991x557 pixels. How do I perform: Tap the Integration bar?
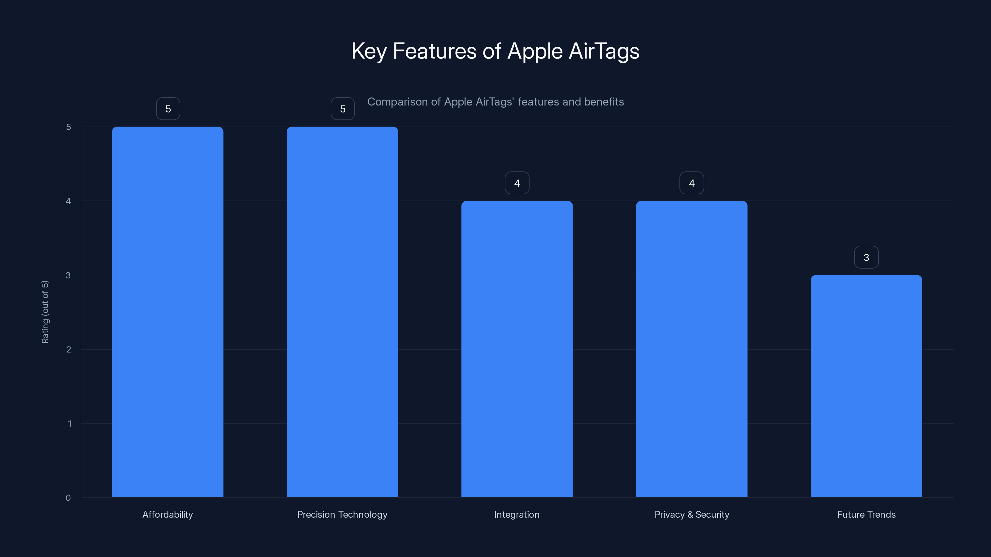pyautogui.click(x=517, y=349)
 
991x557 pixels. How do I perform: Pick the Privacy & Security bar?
pyautogui.click(x=692, y=349)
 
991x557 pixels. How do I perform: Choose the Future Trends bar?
pyautogui.click(x=867, y=386)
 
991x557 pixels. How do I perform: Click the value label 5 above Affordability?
pyautogui.click(x=168, y=109)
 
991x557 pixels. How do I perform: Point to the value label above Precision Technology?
pyautogui.click(x=343, y=109)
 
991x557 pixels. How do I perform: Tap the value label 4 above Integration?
pyautogui.click(x=517, y=183)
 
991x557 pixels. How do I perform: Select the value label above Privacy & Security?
pyautogui.click(x=692, y=183)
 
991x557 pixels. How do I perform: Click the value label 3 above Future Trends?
pyautogui.click(x=867, y=257)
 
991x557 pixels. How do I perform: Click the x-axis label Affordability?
pyautogui.click(x=168, y=514)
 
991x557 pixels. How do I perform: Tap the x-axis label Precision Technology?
pyautogui.click(x=343, y=514)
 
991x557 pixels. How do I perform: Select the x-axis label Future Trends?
pyautogui.click(x=867, y=514)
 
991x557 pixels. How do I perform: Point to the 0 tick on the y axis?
pyautogui.click(x=68, y=498)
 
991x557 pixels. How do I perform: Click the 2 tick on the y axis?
pyautogui.click(x=68, y=349)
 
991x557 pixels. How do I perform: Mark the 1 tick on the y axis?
pyautogui.click(x=70, y=424)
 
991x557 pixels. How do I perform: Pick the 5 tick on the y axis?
pyautogui.click(x=68, y=127)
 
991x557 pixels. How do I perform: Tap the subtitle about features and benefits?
pyautogui.click(x=495, y=102)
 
